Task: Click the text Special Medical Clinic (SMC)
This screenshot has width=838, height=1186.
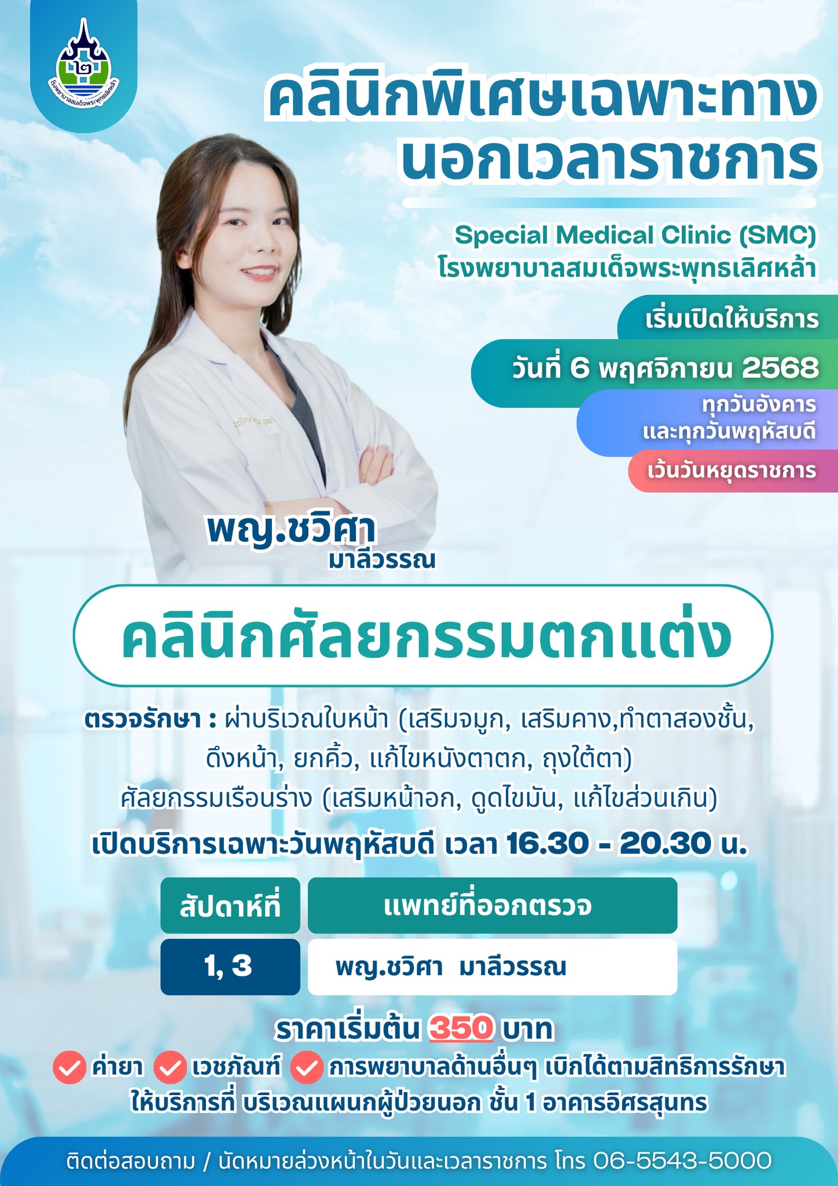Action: click(x=635, y=235)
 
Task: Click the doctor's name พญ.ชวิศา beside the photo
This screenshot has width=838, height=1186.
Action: click(x=292, y=529)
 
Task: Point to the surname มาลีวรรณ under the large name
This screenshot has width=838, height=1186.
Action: click(x=381, y=561)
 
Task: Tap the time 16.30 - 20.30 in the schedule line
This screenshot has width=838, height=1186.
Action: click(x=607, y=844)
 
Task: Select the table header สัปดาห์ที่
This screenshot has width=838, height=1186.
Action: click(x=230, y=906)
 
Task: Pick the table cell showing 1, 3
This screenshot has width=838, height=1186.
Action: click(x=230, y=967)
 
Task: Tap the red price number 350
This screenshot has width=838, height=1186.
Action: click(x=461, y=1028)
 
